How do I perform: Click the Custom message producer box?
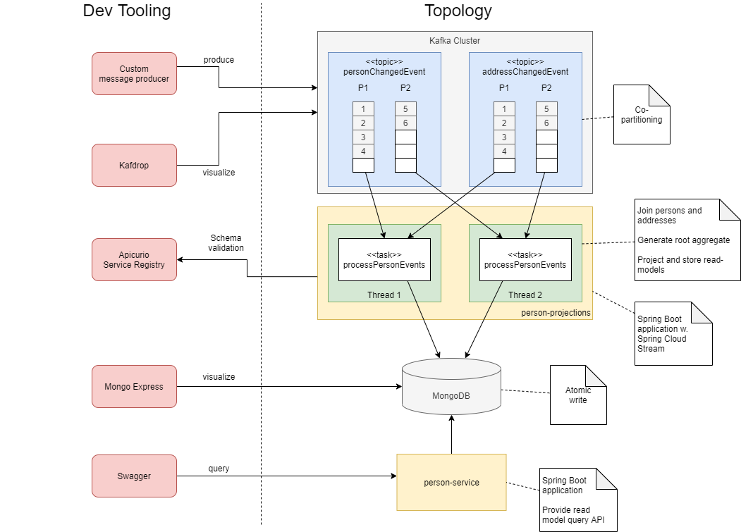tap(134, 73)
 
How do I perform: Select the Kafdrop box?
tap(134, 166)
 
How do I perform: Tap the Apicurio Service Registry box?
tap(134, 259)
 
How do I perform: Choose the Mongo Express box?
tap(134, 386)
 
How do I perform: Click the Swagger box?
tap(134, 476)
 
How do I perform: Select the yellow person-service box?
tap(451, 482)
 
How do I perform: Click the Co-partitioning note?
tap(641, 115)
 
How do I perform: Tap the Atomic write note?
tap(578, 395)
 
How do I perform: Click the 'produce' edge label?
tap(219, 60)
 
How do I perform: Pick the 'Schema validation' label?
tap(226, 243)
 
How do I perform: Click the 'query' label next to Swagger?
tap(219, 469)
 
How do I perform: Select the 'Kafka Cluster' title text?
tap(455, 41)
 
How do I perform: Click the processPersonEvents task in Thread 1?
tap(384, 260)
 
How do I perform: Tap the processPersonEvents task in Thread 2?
tap(525, 260)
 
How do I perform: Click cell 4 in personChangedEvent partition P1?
tap(363, 151)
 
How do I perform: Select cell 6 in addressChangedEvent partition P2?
tap(546, 123)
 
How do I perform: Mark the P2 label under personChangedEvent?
tap(405, 88)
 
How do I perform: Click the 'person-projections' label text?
tap(556, 312)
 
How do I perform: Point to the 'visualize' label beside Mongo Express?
tap(219, 377)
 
